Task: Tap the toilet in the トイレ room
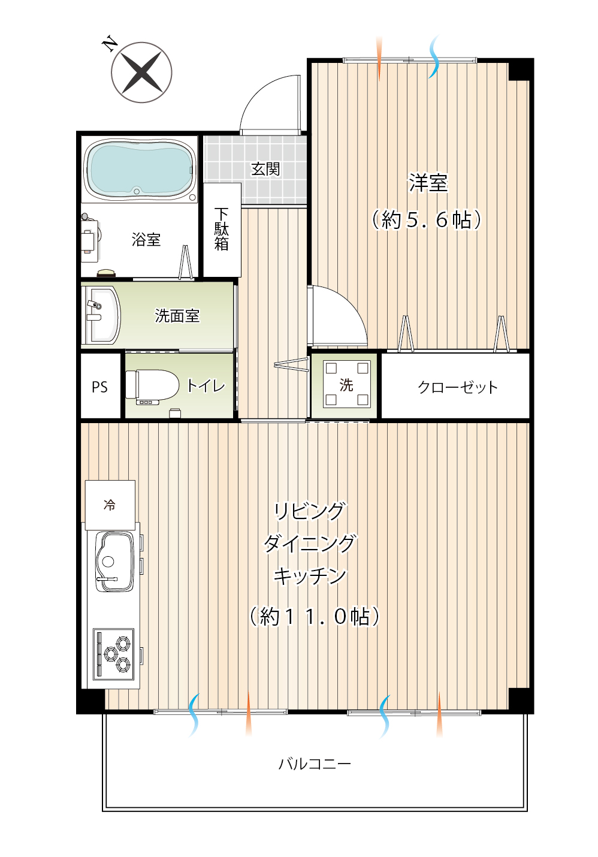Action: [x=152, y=385]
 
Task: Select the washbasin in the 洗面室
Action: [x=101, y=315]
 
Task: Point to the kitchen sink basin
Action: [x=114, y=562]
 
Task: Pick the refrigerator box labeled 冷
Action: [x=110, y=505]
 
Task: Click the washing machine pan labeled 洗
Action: [x=346, y=384]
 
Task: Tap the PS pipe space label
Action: [x=99, y=387]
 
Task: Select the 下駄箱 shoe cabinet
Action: [x=222, y=230]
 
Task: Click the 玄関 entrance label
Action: [x=265, y=169]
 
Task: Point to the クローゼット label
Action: [x=458, y=387]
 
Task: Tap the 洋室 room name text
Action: [x=428, y=183]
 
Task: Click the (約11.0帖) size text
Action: [x=315, y=616]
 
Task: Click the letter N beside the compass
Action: [x=110, y=44]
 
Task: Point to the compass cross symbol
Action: [x=141, y=73]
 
